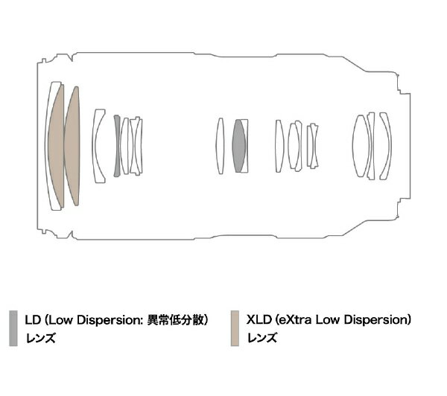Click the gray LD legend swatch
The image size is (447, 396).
(x=13, y=328)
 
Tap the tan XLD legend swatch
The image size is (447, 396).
(x=235, y=328)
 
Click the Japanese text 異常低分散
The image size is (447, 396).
(x=175, y=320)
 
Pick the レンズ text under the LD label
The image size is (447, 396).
(x=40, y=339)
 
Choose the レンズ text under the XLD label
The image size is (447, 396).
(x=262, y=339)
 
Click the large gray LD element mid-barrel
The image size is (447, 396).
(x=239, y=146)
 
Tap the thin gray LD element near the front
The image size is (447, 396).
(x=117, y=146)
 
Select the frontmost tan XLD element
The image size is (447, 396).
(x=56, y=146)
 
